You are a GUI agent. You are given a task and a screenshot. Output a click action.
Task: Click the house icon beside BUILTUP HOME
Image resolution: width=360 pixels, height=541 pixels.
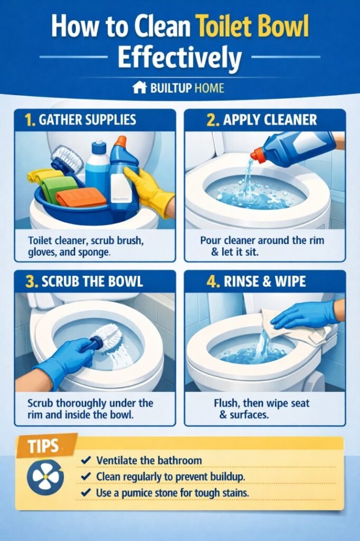pos(139,87)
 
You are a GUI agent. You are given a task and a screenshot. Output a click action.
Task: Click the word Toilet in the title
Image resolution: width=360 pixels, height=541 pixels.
pos(224,26)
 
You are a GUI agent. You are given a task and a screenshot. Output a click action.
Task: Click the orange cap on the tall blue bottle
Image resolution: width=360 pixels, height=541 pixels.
pos(120,142)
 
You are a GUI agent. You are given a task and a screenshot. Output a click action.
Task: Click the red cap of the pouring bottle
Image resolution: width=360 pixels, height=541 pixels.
pos(258,154)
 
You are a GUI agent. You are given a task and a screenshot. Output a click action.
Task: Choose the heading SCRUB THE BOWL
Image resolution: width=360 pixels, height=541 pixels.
pos(91,281)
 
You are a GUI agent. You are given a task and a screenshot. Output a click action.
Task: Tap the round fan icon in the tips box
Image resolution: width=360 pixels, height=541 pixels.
pos(45,477)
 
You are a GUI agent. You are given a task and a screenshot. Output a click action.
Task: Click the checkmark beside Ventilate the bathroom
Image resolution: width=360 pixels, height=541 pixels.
pos(84,461)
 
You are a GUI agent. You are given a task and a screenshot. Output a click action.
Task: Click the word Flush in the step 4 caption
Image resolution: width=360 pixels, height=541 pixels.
pos(226,403)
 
